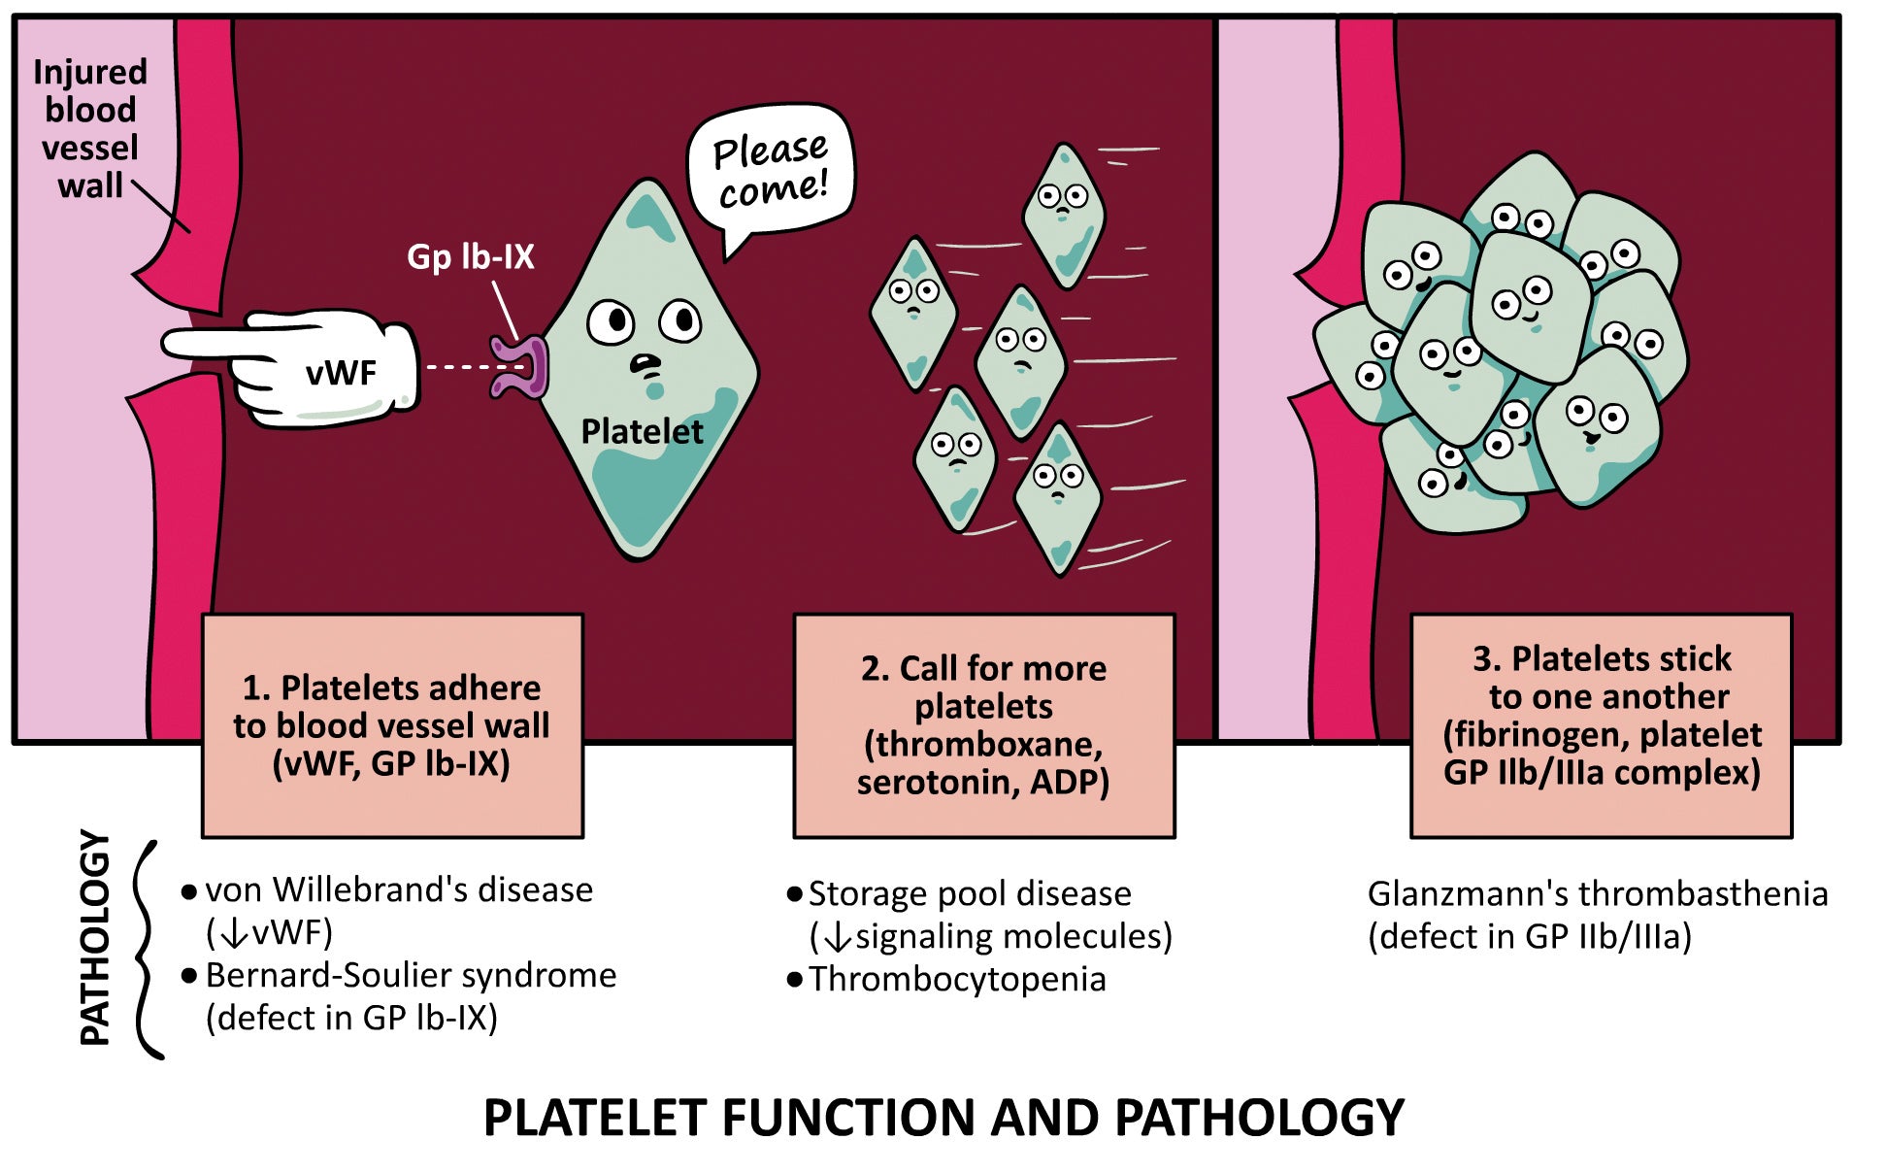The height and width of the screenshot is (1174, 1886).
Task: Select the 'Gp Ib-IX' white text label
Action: click(x=471, y=256)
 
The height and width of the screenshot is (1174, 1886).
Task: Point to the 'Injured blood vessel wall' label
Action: click(x=90, y=128)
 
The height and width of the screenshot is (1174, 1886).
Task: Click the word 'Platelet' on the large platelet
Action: click(x=642, y=431)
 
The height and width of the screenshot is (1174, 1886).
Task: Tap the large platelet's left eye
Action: click(x=611, y=321)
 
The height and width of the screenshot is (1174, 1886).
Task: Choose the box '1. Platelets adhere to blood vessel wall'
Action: click(x=392, y=725)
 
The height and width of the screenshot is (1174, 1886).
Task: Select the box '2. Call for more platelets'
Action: click(x=984, y=724)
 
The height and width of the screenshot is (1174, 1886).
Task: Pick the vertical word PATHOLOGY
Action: click(x=94, y=937)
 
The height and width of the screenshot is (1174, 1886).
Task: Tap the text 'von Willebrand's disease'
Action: click(x=399, y=889)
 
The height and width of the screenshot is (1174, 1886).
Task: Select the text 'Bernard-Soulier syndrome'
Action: click(x=411, y=975)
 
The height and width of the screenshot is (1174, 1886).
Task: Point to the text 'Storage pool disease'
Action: click(x=970, y=893)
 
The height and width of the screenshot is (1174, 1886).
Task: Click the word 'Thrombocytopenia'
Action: click(x=957, y=979)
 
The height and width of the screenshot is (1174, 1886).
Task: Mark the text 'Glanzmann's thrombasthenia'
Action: click(x=1598, y=893)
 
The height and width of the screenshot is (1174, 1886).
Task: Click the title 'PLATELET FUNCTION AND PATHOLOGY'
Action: click(x=943, y=1118)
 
